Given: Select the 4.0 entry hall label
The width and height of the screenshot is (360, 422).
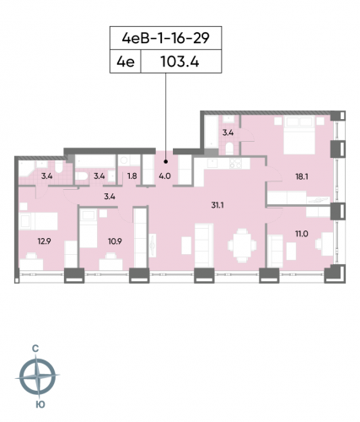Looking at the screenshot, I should [x=164, y=176].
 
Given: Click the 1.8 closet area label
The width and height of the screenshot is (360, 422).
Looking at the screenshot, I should [x=132, y=176].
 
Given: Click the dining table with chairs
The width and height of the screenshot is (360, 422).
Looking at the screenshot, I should [x=241, y=246].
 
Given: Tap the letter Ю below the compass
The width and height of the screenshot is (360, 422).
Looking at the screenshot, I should [x=38, y=406].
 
